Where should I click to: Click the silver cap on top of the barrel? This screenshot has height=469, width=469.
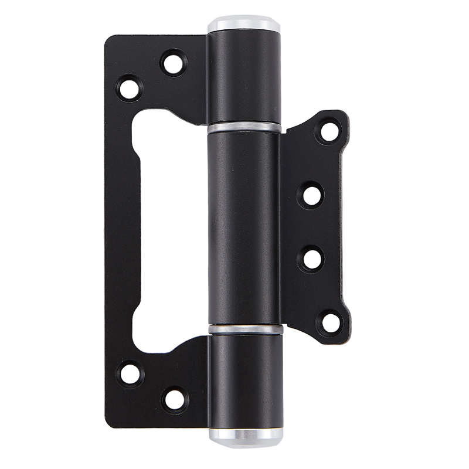tap(243, 25)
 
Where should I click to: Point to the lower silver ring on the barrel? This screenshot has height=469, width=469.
tap(246, 329)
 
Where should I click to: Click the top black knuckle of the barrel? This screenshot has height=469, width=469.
tap(243, 76)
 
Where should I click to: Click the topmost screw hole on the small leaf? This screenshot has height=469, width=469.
tap(329, 131)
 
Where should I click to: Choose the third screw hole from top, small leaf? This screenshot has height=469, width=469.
tap(312, 259)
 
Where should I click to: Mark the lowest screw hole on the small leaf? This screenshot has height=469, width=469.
tap(330, 322)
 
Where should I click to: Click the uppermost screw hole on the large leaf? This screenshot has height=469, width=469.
tap(173, 63)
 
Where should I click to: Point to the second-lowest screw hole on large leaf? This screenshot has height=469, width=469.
tap(130, 373)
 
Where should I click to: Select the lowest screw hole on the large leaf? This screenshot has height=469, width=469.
tap(174, 399)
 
